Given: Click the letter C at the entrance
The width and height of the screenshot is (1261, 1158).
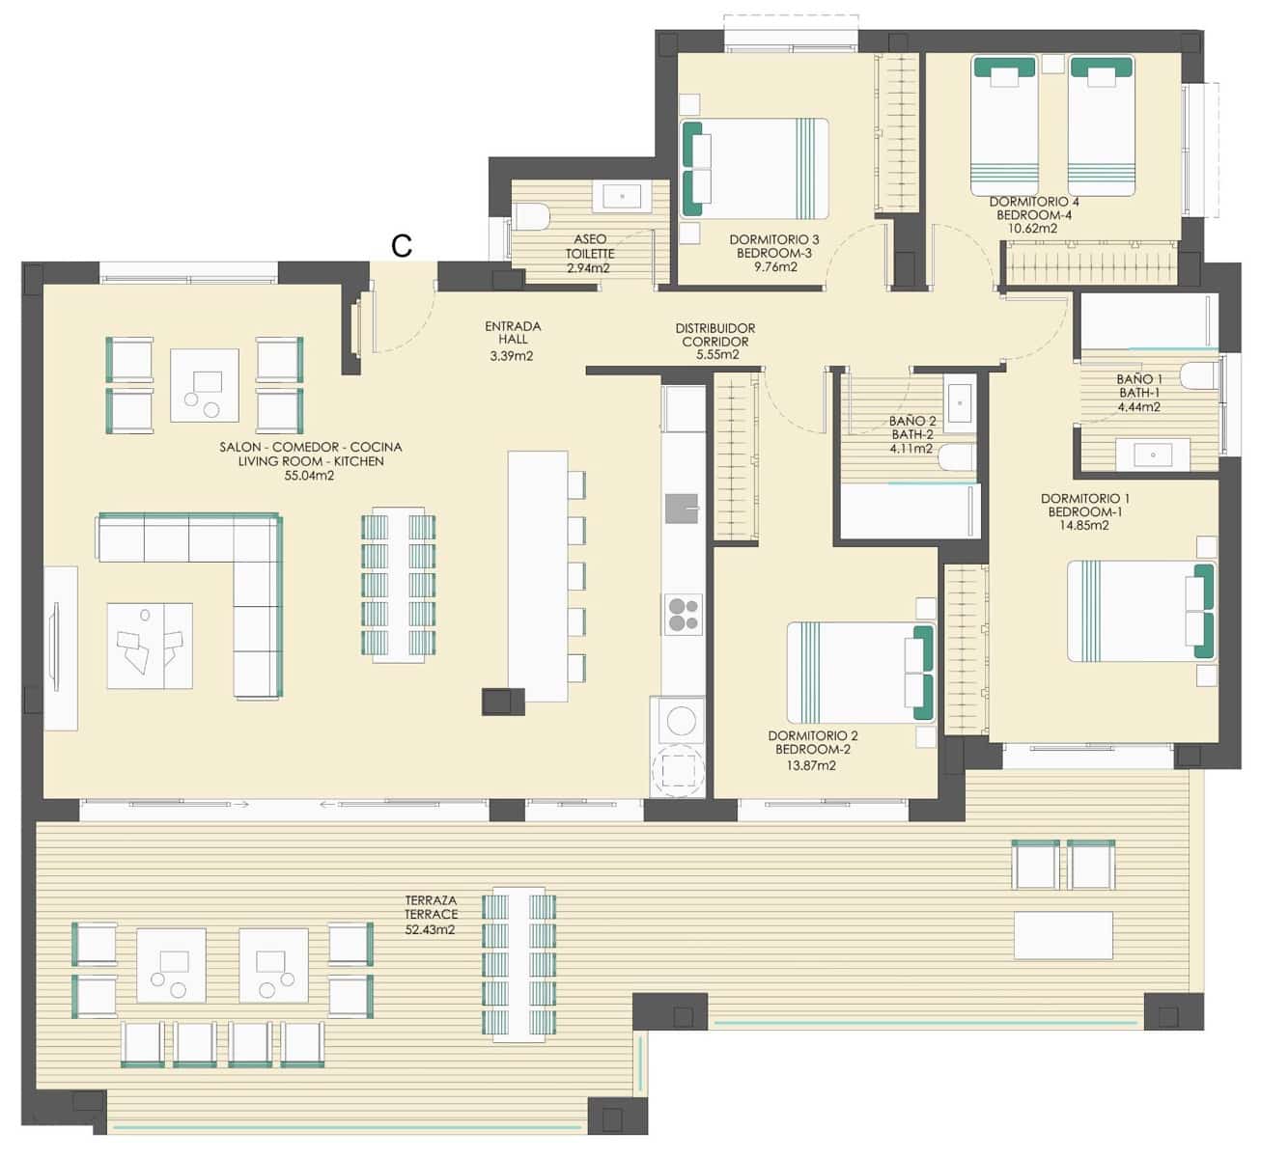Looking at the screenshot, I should [x=402, y=246].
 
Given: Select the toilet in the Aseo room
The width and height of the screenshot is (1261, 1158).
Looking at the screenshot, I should [x=531, y=216].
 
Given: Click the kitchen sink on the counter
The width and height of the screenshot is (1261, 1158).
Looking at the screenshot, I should [x=682, y=507].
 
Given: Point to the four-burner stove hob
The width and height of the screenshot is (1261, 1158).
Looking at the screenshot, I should [x=683, y=614].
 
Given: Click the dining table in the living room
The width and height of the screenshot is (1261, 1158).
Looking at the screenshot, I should [x=398, y=584].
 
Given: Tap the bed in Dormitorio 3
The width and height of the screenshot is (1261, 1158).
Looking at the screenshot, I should [x=755, y=167].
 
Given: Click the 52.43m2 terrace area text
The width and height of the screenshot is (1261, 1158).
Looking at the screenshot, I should [x=431, y=930].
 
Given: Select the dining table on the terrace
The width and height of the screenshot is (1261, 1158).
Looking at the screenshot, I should [x=519, y=964].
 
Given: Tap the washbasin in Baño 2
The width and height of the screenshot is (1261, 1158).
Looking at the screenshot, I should [x=960, y=403].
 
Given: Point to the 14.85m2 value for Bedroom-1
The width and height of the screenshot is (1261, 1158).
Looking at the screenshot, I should [x=1084, y=526].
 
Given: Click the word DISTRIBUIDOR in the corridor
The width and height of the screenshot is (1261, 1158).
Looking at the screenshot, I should [x=715, y=329].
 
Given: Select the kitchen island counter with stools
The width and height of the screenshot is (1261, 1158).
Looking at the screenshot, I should [x=538, y=575].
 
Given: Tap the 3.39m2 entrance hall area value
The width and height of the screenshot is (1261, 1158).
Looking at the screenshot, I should [x=512, y=356].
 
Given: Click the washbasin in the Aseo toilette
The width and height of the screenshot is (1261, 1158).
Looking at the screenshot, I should [x=623, y=197].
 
